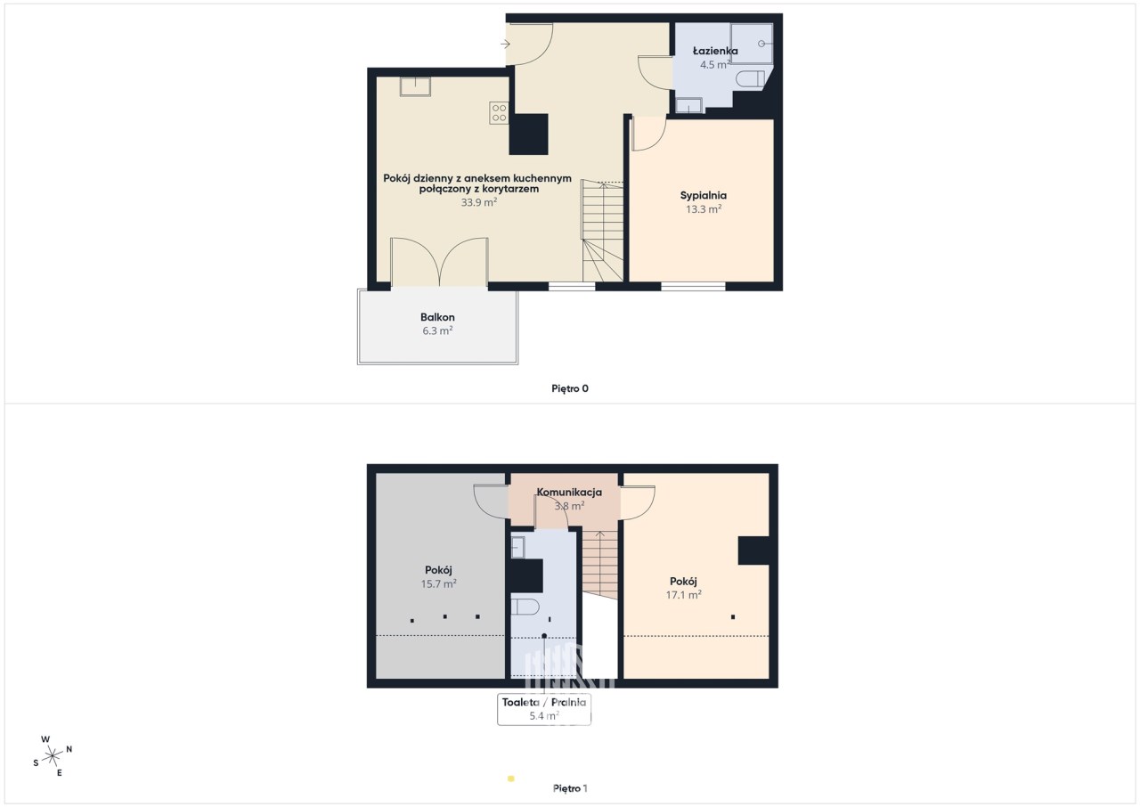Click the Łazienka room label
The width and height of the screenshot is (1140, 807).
click(x=715, y=51)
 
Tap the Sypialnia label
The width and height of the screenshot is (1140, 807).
click(x=704, y=195)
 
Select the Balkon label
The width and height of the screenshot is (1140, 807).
click(x=437, y=317)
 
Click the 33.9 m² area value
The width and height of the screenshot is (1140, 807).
click(x=479, y=202)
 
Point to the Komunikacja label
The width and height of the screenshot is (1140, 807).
click(x=569, y=492)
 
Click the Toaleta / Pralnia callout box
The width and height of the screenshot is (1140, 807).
click(x=544, y=709)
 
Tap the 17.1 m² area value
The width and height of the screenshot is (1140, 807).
click(x=683, y=594)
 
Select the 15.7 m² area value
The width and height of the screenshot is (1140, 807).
click(x=438, y=583)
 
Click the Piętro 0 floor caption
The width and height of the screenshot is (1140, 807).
click(x=570, y=388)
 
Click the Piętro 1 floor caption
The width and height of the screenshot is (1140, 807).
click(x=570, y=788)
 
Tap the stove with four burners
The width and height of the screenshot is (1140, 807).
click(x=499, y=113)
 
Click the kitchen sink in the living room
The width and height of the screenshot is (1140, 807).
click(x=415, y=86)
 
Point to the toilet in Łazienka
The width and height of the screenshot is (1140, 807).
click(x=750, y=79)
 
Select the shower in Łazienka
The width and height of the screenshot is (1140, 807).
click(x=751, y=44)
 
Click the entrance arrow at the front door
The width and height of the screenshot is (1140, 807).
click(x=505, y=45)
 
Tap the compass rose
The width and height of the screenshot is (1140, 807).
click(x=53, y=756)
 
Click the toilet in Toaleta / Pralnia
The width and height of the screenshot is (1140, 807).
click(x=525, y=607)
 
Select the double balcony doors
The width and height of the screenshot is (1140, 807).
click(x=439, y=262)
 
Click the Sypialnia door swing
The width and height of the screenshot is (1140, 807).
click(x=648, y=134)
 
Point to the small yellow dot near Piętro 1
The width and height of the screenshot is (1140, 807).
click(x=511, y=778)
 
